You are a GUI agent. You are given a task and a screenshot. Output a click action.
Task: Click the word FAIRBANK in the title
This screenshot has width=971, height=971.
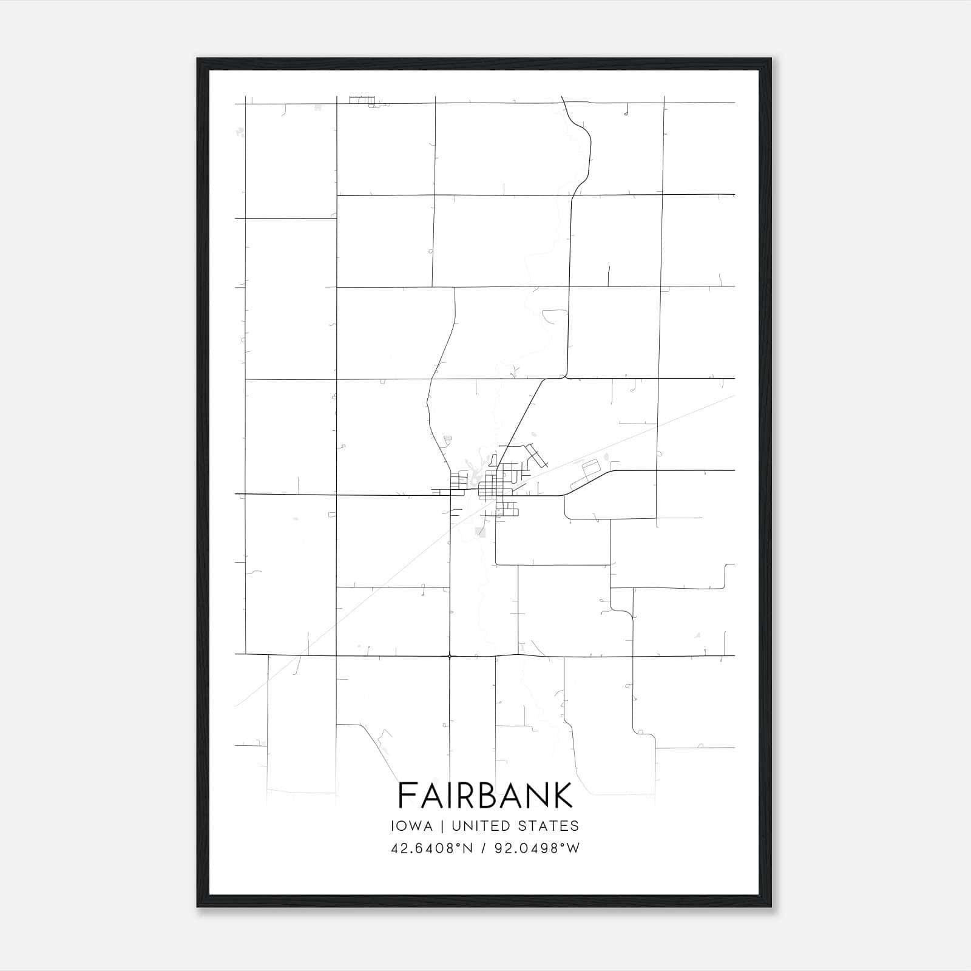click(x=485, y=795)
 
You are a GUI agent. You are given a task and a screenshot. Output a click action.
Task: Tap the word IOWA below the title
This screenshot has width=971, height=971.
click(x=412, y=826)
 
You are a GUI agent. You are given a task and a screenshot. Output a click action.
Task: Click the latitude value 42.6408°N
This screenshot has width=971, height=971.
click(x=431, y=848)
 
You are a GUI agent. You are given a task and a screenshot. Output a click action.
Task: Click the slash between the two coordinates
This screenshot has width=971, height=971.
click(x=484, y=848)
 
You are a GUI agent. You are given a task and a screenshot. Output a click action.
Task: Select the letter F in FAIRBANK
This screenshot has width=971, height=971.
click(x=407, y=795)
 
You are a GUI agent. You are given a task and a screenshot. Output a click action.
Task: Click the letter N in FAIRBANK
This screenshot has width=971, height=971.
click(x=536, y=795)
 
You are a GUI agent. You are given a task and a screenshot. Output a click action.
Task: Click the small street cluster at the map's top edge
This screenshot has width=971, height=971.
click(x=362, y=100)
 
